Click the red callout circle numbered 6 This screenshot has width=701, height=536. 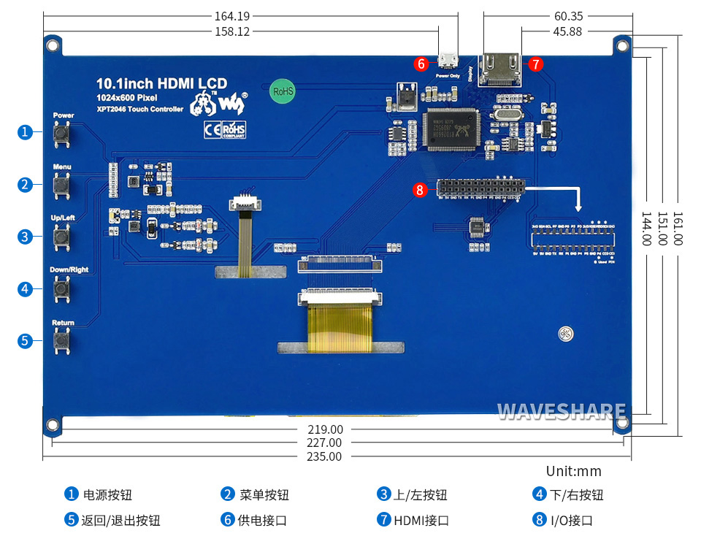point(420,64)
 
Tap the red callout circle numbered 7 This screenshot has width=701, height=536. point(536,64)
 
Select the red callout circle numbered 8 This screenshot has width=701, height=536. point(419,190)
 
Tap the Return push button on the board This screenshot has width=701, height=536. point(62,340)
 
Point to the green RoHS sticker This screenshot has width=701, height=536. point(283,91)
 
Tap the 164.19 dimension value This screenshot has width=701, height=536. point(232,15)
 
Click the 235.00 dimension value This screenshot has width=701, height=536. point(324,456)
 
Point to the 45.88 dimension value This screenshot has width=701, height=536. point(567,31)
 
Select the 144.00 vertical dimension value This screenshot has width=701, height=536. point(646,229)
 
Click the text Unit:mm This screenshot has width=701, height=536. point(573,471)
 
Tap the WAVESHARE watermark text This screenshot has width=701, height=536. point(561,412)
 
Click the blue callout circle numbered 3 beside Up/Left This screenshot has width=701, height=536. point(25,237)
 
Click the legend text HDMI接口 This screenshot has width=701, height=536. point(421,520)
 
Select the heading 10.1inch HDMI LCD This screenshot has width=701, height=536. point(161,84)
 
